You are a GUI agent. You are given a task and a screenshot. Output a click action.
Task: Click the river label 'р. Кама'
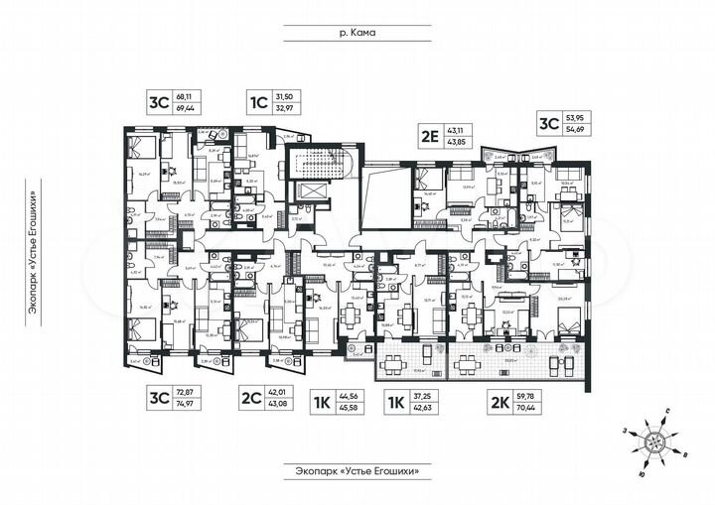[x=357, y=33]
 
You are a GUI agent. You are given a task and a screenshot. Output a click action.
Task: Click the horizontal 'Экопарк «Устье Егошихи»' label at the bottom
[x=357, y=469]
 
